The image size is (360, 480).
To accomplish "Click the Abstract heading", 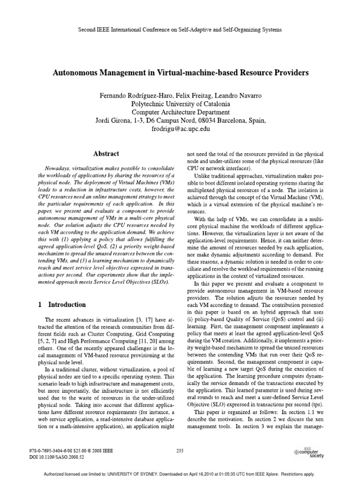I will tap(105, 153).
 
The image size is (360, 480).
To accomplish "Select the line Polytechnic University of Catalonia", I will tap(180, 104).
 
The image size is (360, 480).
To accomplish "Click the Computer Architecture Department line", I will tap(180, 112).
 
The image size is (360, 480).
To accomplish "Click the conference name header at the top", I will tap(180, 29).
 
